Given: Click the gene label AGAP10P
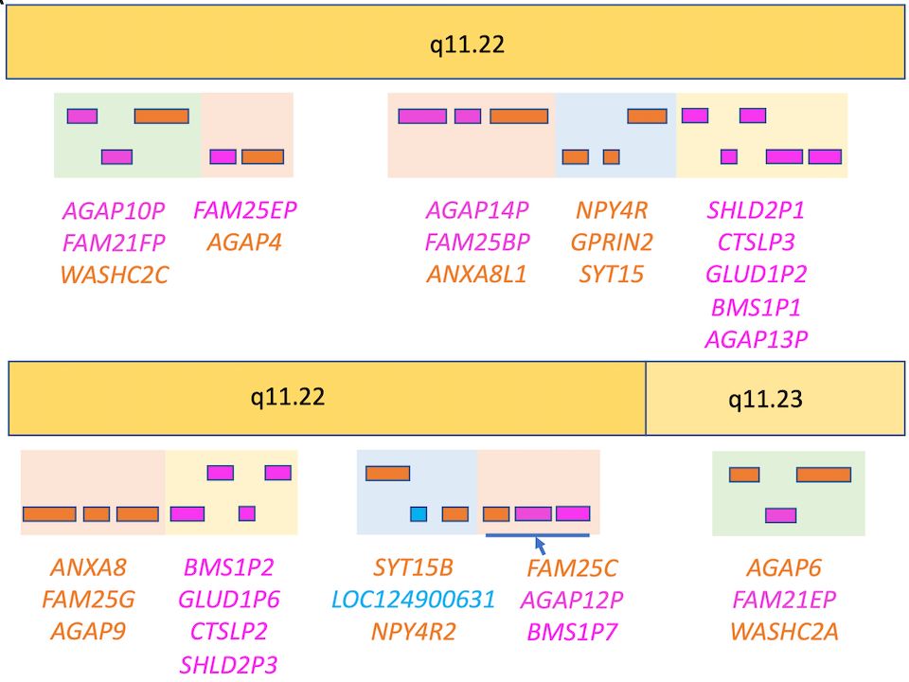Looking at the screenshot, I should pos(113,210).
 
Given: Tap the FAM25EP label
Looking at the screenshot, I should pos(244,210).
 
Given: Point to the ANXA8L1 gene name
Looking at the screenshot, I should pos(476,275).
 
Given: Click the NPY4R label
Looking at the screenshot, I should pos(611,210).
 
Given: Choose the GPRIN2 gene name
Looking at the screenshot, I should pos(611,242).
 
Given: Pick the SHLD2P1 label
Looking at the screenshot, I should pos(755,210).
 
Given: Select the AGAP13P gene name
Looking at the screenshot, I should pos(755,339).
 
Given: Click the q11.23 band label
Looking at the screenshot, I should pos(764,400).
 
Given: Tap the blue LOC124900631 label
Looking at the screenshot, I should pos(413,600).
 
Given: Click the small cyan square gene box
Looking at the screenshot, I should pos(419,514).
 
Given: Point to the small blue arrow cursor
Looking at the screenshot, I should pos(540,545).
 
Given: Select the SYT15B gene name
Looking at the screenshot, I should pos(413,567).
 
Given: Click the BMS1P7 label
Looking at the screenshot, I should pos(571,632).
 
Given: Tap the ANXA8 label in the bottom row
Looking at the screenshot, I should pos(88,567).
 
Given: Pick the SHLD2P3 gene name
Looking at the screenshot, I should pos(228,665).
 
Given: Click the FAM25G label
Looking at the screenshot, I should pos(88,600).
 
